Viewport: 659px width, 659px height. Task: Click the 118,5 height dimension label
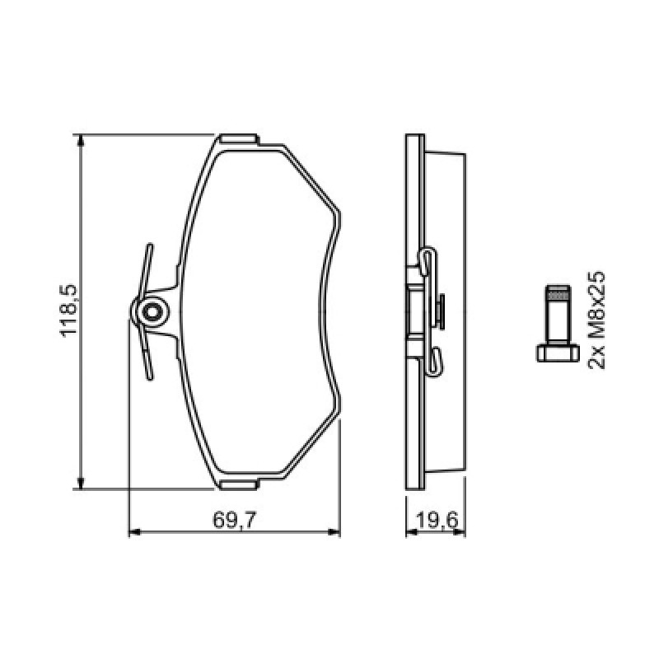[69, 311]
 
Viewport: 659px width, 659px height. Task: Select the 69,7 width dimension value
[234, 521]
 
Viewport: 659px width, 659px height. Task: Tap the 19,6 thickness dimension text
[437, 521]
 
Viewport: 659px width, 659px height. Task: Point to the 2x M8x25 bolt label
[596, 320]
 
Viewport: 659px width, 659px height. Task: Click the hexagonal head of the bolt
[559, 353]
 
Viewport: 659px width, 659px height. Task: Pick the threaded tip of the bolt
[559, 292]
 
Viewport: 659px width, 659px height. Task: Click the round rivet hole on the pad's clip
[151, 312]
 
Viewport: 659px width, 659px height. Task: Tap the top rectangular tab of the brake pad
[239, 139]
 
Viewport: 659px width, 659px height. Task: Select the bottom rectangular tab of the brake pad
[239, 485]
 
